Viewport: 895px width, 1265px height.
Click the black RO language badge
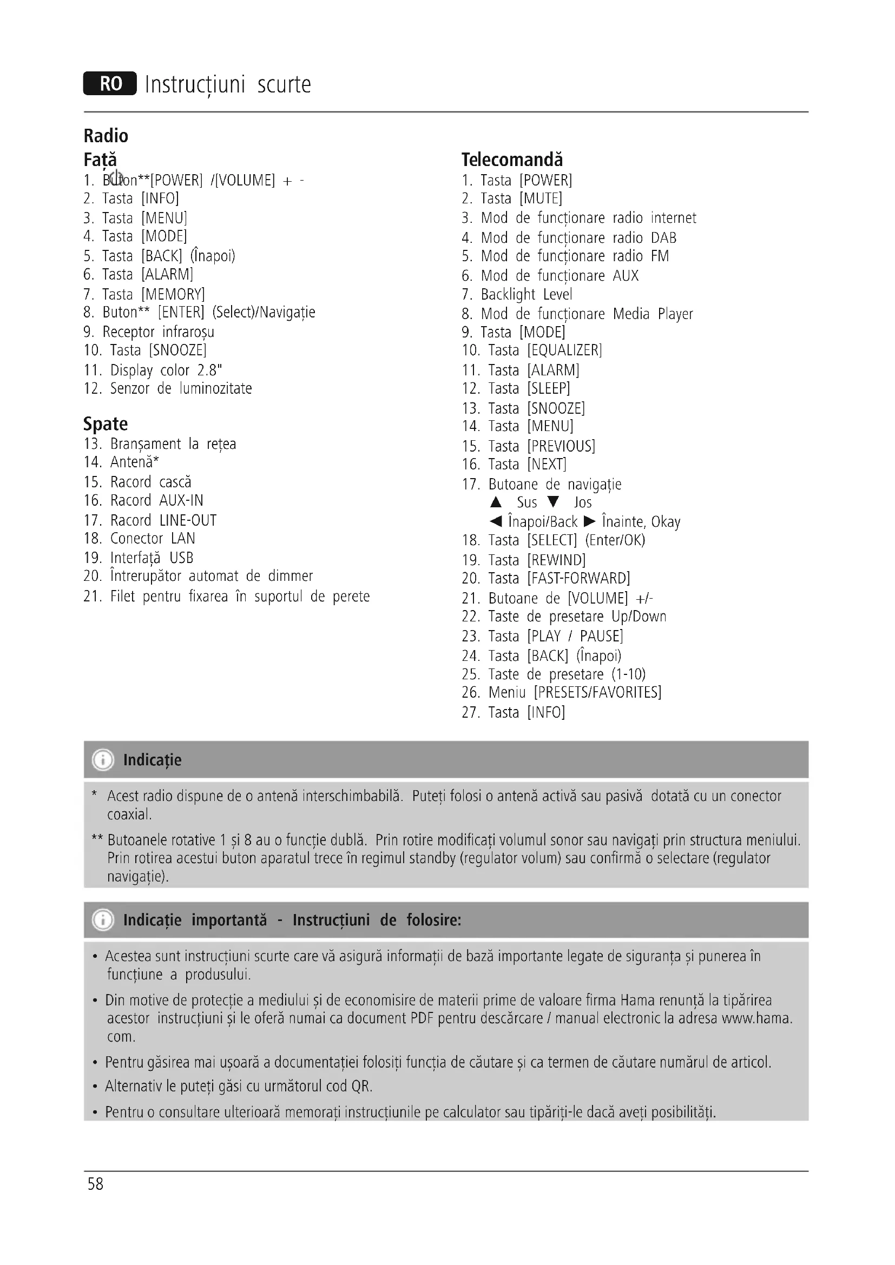point(110,84)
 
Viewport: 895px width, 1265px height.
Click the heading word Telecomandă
point(512,160)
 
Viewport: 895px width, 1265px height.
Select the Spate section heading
point(106,423)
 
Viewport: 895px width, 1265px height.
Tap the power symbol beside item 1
point(116,177)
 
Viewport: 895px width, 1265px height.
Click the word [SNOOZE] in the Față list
point(177,350)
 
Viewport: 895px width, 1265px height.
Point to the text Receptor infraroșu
point(158,332)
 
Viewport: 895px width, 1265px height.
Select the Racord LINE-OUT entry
point(163,520)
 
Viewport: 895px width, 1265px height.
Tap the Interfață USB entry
point(152,558)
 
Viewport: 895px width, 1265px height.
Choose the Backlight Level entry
point(527,294)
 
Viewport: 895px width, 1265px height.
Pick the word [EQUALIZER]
point(564,350)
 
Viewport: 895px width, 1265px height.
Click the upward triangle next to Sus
point(496,502)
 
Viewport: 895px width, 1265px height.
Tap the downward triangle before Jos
point(554,502)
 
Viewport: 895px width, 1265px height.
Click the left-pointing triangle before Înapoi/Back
point(496,521)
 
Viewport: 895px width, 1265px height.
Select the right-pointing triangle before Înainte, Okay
point(590,521)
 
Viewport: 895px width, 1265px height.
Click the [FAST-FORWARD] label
point(578,579)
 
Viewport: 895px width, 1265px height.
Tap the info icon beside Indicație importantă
point(103,920)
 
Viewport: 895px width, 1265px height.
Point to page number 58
point(95,1184)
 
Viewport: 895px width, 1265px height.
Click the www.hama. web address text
point(756,1018)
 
